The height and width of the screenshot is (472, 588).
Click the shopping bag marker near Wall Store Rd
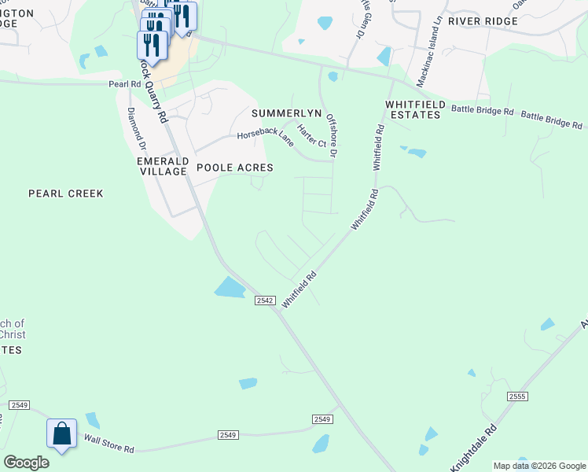coord(61,434)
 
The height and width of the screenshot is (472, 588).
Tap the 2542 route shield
coord(264,301)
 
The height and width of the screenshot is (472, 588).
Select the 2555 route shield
coord(516,396)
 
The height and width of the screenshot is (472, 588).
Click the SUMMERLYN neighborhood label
coord(286,113)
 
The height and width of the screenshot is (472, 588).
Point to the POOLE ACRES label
coord(234,168)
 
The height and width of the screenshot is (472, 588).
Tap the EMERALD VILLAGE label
coord(163,168)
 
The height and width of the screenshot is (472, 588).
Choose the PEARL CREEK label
coord(65,193)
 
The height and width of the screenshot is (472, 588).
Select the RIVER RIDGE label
coord(483,21)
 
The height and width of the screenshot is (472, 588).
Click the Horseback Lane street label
coord(266,138)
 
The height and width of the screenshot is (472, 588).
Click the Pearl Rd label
coord(123,83)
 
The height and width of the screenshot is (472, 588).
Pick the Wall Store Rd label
coord(109,444)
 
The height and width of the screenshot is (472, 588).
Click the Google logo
coord(26,463)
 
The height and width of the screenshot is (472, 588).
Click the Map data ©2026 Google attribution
coord(539,466)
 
